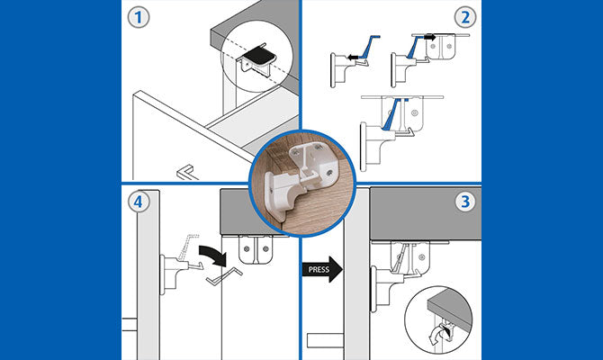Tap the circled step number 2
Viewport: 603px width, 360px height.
tap(465, 17)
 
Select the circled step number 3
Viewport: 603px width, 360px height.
tap(465, 202)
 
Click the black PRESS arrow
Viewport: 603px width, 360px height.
tap(322, 268)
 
